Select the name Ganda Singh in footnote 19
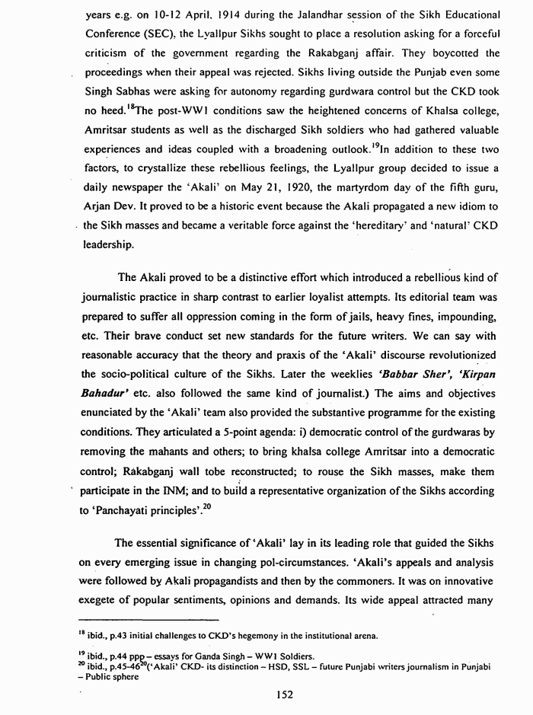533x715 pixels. click(208, 656)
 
